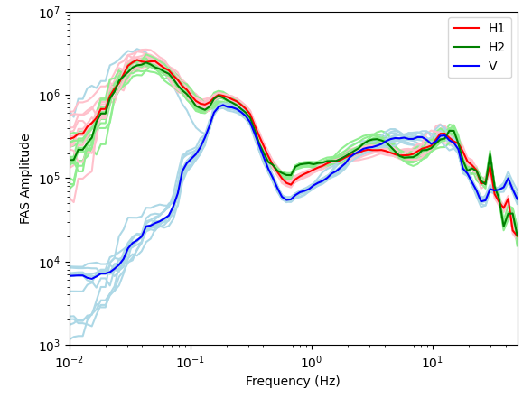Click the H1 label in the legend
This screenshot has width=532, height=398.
coord(497,29)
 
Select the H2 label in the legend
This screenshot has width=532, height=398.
coord(497,47)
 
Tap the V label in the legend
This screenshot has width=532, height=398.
coord(492,66)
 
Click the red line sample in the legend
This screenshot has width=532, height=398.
coord(466,28)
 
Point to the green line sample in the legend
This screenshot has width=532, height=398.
coord(466,47)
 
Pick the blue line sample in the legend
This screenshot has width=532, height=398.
coord(466,65)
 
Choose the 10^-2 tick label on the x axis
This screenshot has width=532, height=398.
coord(69,362)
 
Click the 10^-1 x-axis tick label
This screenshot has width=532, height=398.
coord(191,362)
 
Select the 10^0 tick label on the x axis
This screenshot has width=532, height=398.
coord(312,362)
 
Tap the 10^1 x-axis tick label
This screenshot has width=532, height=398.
coord(433,362)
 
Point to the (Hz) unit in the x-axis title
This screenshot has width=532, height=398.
coord(327,381)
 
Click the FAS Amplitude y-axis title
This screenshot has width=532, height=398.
coord(24,180)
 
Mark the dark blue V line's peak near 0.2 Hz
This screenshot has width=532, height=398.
coord(223,105)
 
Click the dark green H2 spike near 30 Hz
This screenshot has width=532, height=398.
coord(490,154)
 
